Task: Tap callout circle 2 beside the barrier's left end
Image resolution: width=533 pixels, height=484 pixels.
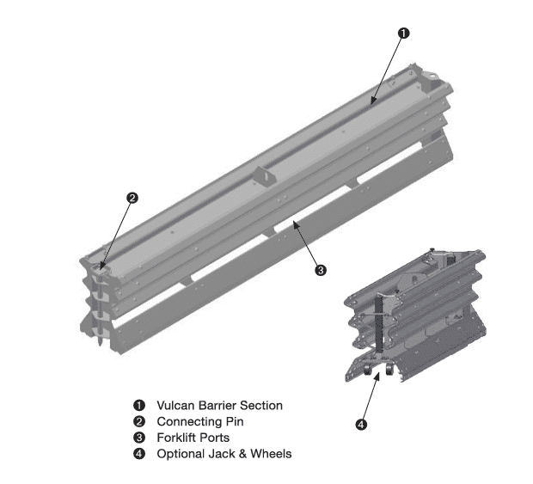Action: pyautogui.click(x=132, y=197)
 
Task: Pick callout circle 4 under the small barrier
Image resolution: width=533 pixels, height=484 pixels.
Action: pyautogui.click(x=361, y=424)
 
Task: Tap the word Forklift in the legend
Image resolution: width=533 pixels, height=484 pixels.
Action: pyautogui.click(x=178, y=438)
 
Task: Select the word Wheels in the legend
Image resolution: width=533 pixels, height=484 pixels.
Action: pyautogui.click(x=273, y=453)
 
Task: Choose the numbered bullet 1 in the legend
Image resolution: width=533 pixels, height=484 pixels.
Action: pyautogui.click(x=138, y=406)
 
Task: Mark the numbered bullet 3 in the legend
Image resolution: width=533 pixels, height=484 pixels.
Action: pyautogui.click(x=138, y=438)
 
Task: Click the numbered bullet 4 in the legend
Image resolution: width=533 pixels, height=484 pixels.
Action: pyautogui.click(x=138, y=454)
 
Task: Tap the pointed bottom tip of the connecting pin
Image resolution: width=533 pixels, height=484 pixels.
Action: pyautogui.click(x=101, y=343)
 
